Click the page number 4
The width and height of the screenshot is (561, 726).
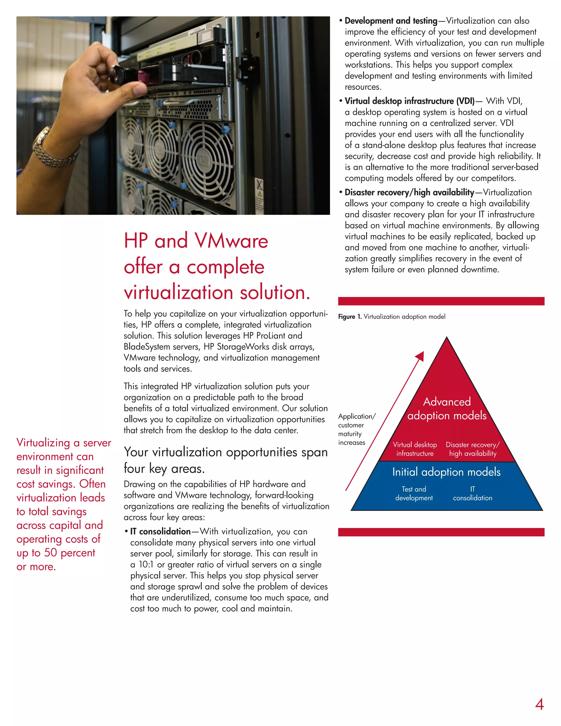539,704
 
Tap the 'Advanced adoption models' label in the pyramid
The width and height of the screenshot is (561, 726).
447,408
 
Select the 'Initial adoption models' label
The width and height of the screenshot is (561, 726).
446,472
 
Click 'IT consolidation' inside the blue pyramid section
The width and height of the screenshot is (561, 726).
472,493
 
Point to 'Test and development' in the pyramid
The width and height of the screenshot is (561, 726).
414,493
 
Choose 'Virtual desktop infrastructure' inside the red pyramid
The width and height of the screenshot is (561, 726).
415,449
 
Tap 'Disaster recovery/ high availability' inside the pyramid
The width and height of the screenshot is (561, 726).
473,449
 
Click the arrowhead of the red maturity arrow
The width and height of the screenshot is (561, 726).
420,356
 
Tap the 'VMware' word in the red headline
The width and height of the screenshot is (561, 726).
231,241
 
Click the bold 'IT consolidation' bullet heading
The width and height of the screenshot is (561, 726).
160,531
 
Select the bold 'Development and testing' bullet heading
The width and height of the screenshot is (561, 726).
391,21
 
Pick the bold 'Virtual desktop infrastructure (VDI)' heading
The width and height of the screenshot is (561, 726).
410,101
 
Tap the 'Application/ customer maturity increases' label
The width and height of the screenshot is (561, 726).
356,429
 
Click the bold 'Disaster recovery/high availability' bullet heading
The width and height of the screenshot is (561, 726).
409,192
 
